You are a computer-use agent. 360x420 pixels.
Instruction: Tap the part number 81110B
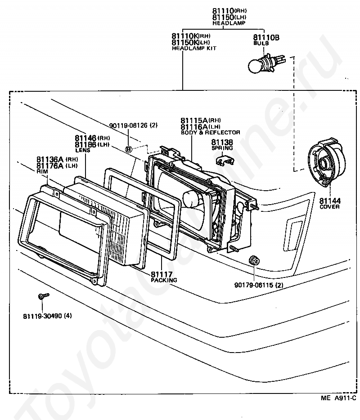(x=266, y=38)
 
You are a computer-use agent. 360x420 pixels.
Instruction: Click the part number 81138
(x=221, y=142)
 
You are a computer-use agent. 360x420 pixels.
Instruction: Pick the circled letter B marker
(x=129, y=149)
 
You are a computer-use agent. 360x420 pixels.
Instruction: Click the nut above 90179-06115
(x=253, y=260)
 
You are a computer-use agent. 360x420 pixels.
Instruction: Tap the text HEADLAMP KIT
(x=194, y=48)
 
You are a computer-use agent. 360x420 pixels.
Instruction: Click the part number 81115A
(x=194, y=121)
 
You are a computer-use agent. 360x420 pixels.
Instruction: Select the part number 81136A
(x=51, y=159)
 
